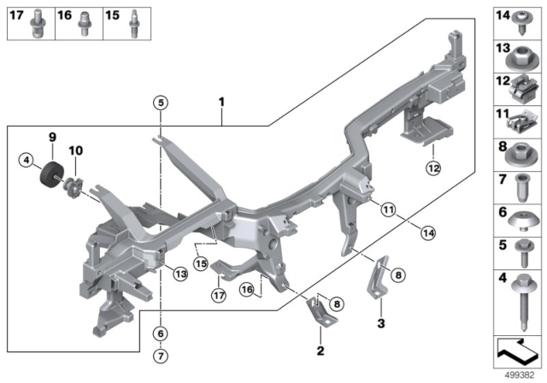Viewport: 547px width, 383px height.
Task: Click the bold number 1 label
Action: (x=221, y=103)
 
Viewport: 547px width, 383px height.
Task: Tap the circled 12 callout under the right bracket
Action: (x=432, y=168)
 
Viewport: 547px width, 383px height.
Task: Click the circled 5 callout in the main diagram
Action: (x=160, y=103)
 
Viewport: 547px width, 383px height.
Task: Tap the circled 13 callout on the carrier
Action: (x=179, y=274)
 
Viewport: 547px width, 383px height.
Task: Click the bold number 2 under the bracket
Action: (x=321, y=350)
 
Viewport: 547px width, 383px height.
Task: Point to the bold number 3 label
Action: (x=381, y=323)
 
